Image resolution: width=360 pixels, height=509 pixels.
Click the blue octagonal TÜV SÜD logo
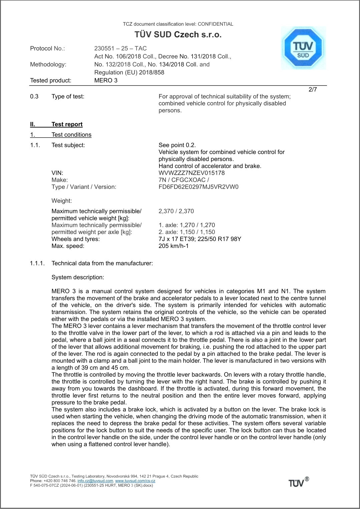click(303, 49)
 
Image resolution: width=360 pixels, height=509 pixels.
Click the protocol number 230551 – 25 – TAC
click(120, 48)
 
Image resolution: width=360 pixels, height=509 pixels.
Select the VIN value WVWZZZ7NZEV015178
click(192, 173)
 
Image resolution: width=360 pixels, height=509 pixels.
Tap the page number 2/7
click(313, 89)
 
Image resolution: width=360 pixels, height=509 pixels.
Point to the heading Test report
click(67, 124)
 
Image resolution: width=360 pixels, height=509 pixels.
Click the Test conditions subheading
click(71, 135)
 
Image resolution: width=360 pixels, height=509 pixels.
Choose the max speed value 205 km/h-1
click(173, 246)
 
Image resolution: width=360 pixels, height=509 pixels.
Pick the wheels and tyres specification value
click(200, 239)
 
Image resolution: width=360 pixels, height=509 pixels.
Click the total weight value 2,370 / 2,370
click(176, 211)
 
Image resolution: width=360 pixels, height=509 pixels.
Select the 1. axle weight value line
click(187, 225)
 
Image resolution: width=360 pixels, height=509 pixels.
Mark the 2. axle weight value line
click(187, 232)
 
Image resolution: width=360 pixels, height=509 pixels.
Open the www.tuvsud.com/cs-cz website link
click(135, 481)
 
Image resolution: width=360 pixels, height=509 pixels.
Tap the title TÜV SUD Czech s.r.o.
click(178, 35)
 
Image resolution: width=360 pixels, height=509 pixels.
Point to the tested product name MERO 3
click(106, 80)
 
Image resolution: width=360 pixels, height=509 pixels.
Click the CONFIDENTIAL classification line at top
click(178, 24)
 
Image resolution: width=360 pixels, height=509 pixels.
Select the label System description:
click(77, 277)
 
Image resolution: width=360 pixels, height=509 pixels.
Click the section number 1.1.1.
click(37, 263)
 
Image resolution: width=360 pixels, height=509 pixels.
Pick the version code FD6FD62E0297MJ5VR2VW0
click(199, 187)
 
